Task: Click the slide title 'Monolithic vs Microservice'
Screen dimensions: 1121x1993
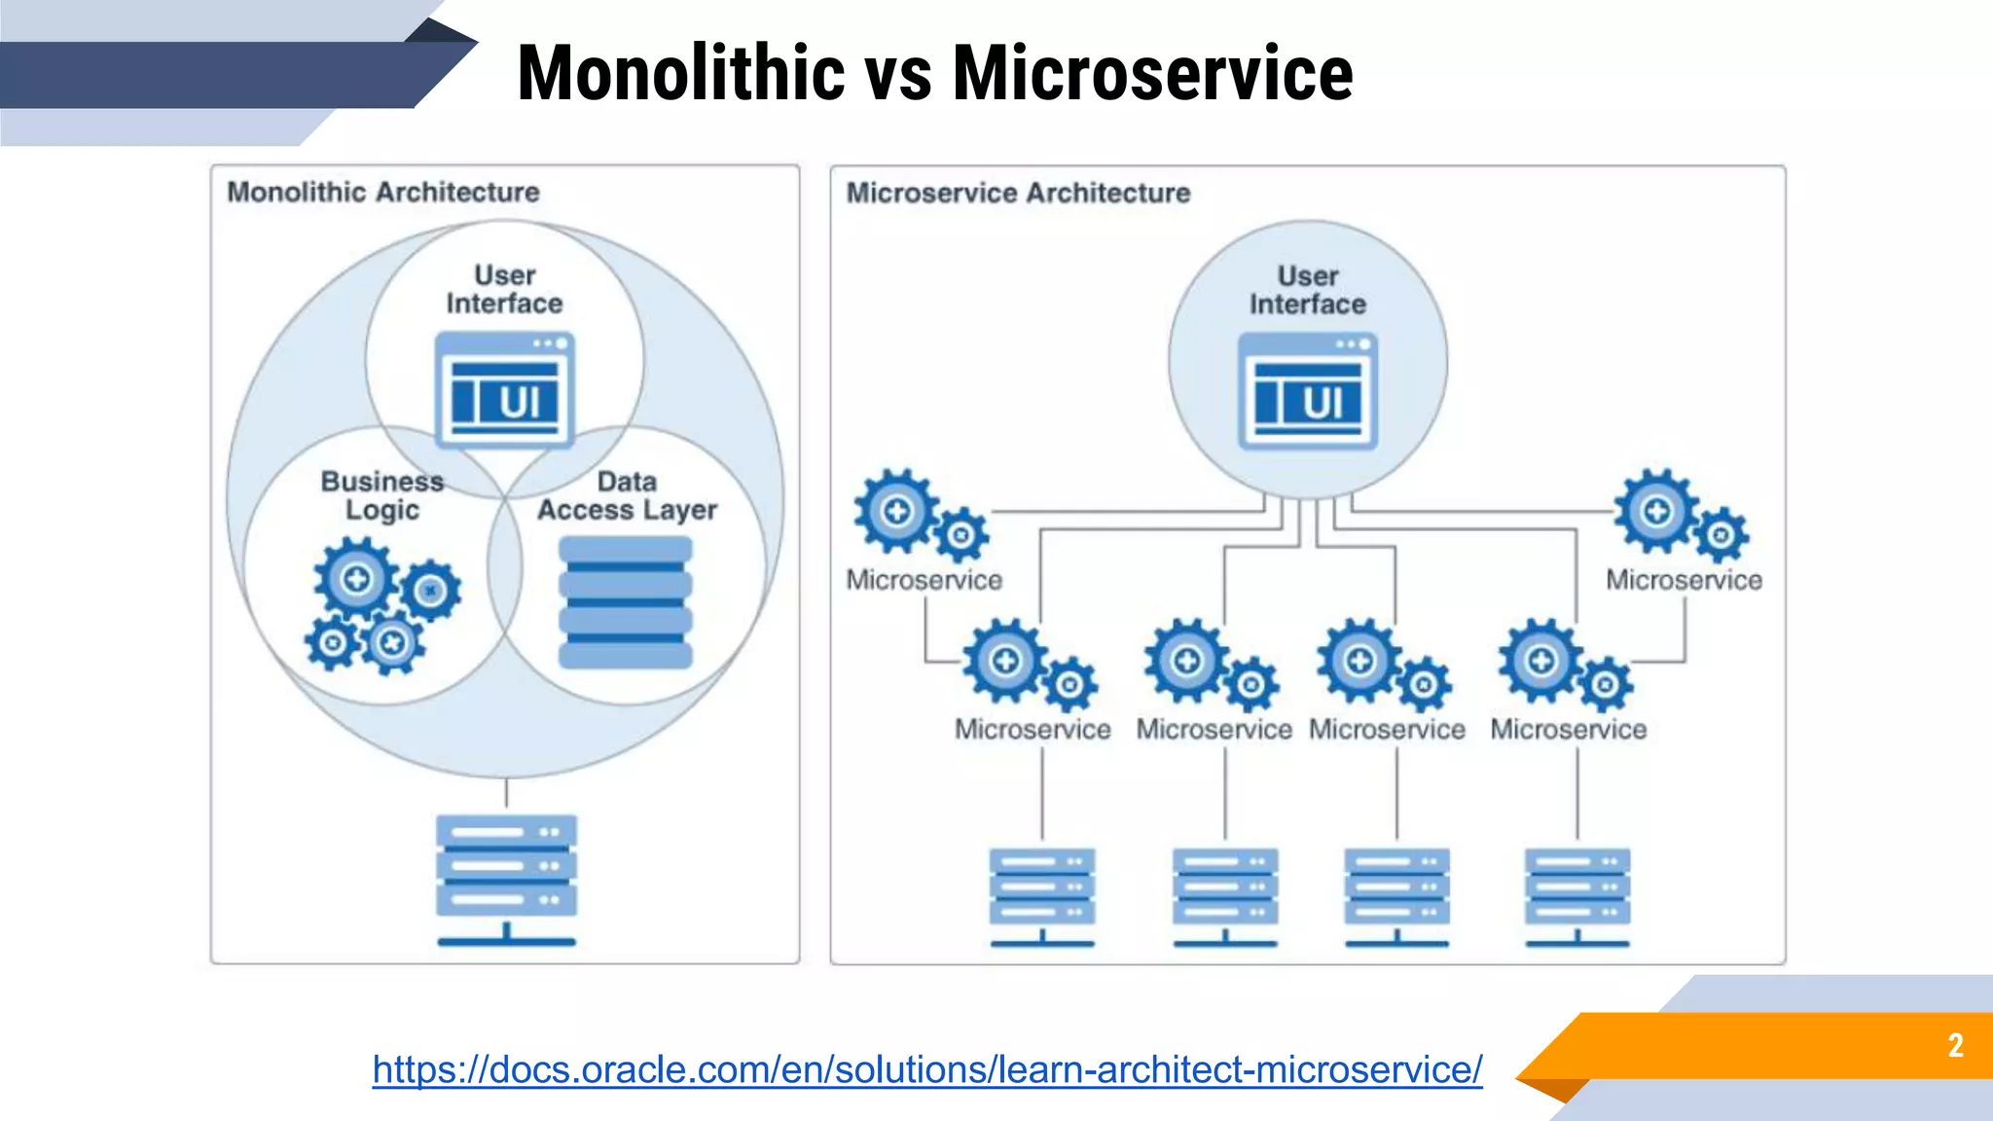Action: [x=934, y=74]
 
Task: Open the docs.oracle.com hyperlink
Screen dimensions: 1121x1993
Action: [x=926, y=1069]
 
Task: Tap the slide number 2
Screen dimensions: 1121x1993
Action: [x=1955, y=1045]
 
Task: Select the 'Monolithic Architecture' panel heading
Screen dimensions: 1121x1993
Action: [x=383, y=192]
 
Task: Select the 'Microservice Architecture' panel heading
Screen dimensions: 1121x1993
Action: [x=1018, y=193]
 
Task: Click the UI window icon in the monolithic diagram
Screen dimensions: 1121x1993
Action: [x=504, y=389]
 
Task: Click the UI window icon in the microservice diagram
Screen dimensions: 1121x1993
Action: [x=1308, y=390]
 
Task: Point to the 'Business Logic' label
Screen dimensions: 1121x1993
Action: [x=382, y=495]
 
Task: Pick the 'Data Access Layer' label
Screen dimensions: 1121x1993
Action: [x=627, y=495]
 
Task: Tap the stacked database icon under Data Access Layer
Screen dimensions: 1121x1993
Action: [x=626, y=602]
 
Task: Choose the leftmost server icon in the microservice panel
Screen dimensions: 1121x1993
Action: [x=1042, y=896]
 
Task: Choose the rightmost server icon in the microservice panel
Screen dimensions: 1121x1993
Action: [x=1577, y=896]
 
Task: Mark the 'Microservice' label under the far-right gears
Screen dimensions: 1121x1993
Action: [x=1684, y=580]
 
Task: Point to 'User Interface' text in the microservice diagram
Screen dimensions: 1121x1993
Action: [x=1308, y=290]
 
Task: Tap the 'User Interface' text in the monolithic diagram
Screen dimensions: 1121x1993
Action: [x=504, y=289]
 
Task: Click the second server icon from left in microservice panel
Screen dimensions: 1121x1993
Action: [x=1225, y=896]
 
